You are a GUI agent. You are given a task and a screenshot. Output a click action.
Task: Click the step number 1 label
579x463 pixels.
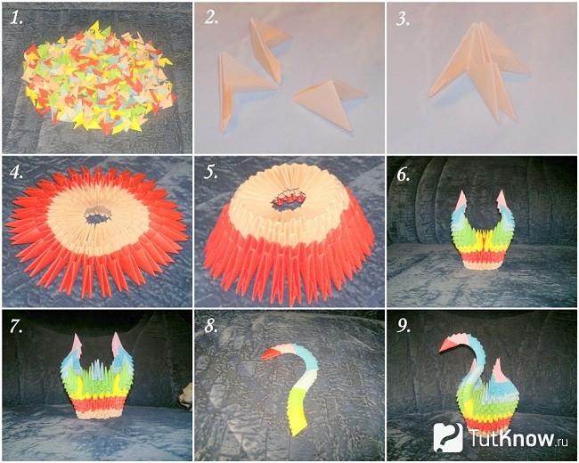coord(16,18)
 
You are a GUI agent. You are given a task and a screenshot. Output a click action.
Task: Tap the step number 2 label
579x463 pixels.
coord(211,18)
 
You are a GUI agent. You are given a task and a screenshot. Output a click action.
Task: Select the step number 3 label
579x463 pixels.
coord(403,18)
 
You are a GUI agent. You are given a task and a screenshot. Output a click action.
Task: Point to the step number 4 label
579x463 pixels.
coord(16,173)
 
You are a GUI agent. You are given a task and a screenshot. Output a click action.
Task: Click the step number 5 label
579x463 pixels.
coord(211,173)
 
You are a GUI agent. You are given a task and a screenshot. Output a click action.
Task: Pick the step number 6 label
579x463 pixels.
coord(404,175)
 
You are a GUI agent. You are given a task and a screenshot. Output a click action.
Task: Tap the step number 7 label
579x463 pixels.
coord(16,326)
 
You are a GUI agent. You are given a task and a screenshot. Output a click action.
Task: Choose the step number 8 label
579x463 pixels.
coord(211,326)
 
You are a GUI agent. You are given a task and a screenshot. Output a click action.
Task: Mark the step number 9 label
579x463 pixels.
coord(404,326)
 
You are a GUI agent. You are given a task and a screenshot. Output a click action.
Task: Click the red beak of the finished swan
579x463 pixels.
coord(446,345)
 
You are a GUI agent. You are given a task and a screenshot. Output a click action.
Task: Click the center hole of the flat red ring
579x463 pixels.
coord(98,215)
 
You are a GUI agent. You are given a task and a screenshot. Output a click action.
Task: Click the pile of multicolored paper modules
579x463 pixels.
coord(98,78)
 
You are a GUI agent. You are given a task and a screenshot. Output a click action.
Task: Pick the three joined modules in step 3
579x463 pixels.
coord(480,70)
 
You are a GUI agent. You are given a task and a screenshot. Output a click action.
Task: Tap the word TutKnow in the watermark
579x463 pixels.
coord(512,438)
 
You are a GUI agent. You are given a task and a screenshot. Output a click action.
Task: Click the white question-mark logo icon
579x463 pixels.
coord(447,437)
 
